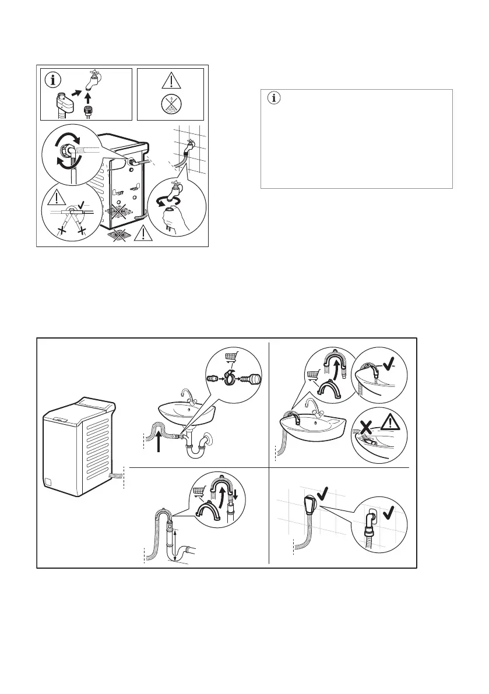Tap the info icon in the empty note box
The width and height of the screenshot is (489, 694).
pyautogui.click(x=269, y=98)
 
